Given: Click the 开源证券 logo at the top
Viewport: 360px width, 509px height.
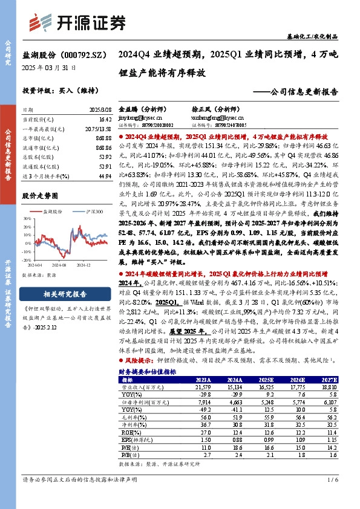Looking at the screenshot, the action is pos(79,22).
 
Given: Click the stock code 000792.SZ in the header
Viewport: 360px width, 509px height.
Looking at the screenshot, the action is pos(78,54).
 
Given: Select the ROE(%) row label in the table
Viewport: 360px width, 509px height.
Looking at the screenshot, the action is pos(128,433).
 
